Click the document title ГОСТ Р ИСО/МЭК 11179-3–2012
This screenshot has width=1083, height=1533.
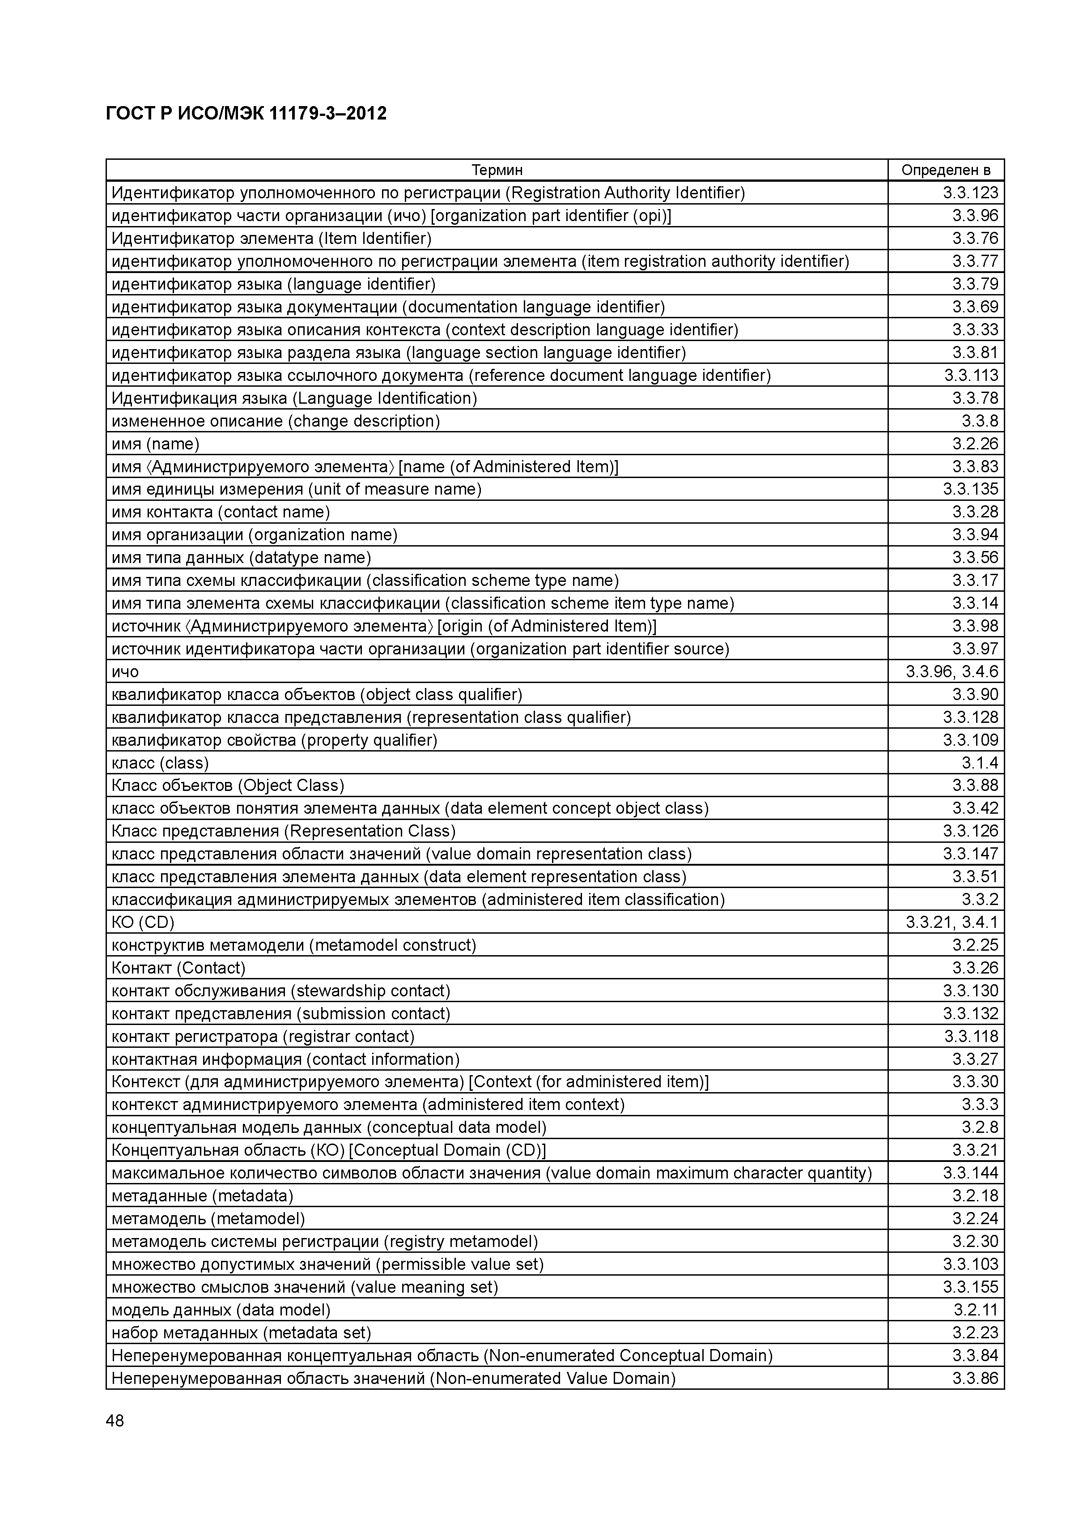[x=246, y=114]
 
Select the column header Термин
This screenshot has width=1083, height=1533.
[x=497, y=170]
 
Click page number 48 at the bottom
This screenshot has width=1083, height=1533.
[x=115, y=1421]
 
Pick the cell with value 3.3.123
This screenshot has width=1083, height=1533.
[x=970, y=193]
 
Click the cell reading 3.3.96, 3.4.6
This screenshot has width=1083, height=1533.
[x=951, y=672]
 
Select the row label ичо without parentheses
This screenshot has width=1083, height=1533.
[x=125, y=672]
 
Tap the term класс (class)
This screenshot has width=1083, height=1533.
[x=160, y=763]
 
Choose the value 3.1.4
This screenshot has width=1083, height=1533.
[x=980, y=763]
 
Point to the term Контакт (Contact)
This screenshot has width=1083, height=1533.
[x=178, y=968]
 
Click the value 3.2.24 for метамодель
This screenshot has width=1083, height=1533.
[x=975, y=1218]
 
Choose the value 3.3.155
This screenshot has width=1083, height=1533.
[x=970, y=1287]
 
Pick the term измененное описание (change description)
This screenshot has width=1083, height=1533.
[x=276, y=421]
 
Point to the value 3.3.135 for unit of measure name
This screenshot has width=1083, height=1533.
[x=970, y=489]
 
